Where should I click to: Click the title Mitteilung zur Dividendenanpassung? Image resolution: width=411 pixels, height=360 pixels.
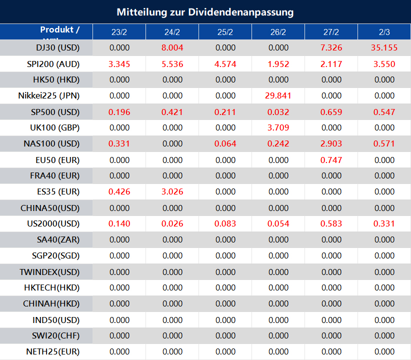coord(205,12)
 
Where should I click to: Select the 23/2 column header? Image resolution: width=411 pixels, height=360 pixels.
coord(119,32)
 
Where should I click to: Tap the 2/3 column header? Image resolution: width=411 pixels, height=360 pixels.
coord(384,32)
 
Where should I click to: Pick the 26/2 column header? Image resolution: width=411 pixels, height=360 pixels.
coord(278,32)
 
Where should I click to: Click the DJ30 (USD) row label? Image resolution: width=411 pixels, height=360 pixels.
coord(53,48)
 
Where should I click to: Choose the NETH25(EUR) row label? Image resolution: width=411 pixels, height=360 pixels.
coord(52,352)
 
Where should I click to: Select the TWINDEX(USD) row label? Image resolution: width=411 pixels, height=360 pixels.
coord(49,272)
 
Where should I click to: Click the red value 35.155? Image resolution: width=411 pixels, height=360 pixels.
coord(384,48)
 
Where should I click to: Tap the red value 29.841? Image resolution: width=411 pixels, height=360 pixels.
coord(278,96)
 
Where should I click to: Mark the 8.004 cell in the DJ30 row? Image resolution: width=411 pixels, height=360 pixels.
coord(172,48)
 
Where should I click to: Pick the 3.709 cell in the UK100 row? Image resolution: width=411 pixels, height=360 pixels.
coord(278,128)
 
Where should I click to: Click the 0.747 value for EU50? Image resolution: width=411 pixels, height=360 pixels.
coord(331,160)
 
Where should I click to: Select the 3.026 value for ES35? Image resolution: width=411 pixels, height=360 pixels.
coord(172,192)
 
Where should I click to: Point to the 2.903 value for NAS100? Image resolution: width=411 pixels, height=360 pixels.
coord(331,144)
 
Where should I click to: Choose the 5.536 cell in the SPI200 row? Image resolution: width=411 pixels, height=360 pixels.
coord(172,64)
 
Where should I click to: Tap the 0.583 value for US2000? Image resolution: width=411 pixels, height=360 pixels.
coord(331,224)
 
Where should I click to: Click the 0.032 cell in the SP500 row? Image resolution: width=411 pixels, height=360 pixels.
coord(278,112)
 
